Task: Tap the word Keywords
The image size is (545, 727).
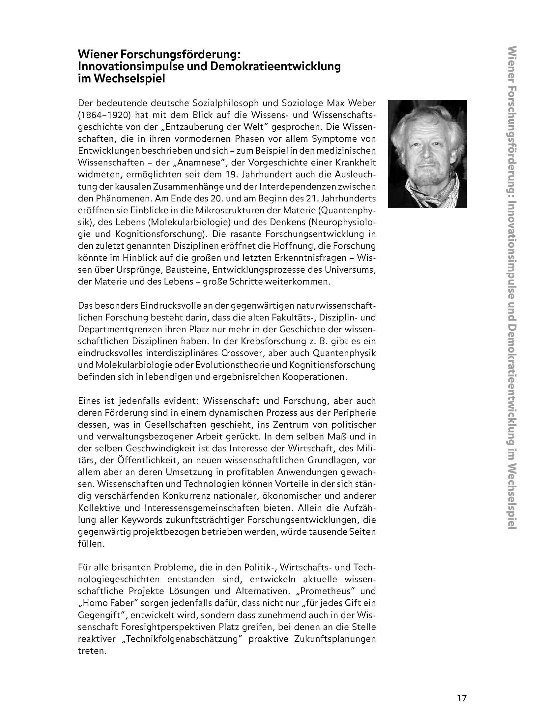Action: (x=143, y=520)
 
